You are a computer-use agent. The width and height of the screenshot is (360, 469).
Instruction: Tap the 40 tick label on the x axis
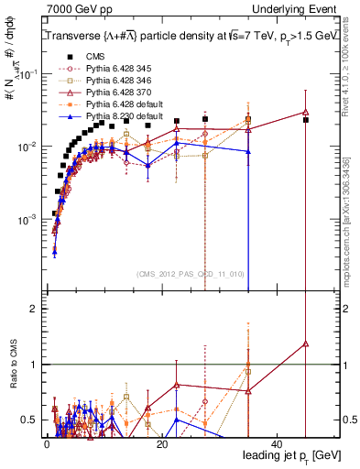pos(277,444)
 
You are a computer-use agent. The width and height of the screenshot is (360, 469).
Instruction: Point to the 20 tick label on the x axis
pos(161,444)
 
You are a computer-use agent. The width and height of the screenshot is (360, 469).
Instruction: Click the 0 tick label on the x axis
pos(46,444)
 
